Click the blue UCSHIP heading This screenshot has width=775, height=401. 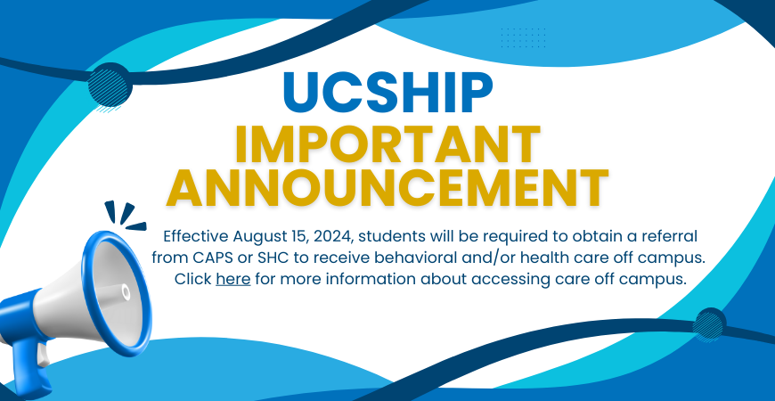point(388,93)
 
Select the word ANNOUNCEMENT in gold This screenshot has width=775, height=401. point(387,187)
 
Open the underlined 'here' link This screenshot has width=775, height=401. point(233,279)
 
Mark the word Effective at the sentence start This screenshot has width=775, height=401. point(196,236)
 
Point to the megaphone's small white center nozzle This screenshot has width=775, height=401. point(126,292)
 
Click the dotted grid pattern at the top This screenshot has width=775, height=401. point(524,38)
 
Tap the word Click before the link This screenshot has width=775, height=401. point(193,279)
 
